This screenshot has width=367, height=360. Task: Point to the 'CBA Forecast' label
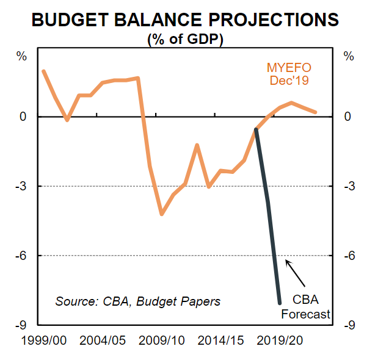point(305,307)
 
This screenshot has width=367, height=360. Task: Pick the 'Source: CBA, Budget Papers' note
point(137,301)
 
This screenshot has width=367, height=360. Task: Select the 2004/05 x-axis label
point(103,339)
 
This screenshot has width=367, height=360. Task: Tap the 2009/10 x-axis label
point(162,339)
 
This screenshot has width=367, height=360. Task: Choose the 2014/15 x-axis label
point(221,339)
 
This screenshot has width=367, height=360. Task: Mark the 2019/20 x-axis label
point(280,339)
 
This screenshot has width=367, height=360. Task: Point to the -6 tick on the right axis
point(349,256)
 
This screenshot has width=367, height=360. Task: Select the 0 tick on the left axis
point(24,117)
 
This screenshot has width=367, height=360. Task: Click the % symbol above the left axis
point(22,57)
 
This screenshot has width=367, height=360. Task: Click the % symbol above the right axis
point(349,57)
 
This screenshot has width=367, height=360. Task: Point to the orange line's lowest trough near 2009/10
point(162,214)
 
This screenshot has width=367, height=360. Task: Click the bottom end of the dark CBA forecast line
point(280,303)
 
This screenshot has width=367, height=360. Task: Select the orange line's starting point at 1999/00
point(43,71)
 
